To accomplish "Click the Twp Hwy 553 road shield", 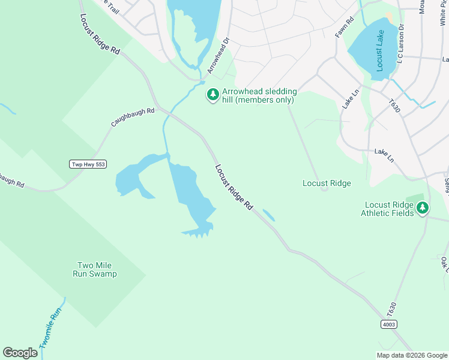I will pyautogui.click(x=88, y=164).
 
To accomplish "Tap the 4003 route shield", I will pyautogui.click(x=388, y=324).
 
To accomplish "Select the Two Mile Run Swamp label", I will pyautogui.click(x=96, y=269).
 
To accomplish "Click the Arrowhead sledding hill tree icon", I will pyautogui.click(x=212, y=95).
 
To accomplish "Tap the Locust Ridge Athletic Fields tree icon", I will pyautogui.click(x=423, y=208).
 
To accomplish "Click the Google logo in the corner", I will pyautogui.click(x=20, y=353).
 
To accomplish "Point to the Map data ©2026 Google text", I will pyautogui.click(x=411, y=355).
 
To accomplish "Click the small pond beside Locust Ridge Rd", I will pyautogui.click(x=268, y=215).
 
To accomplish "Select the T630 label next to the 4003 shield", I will pyautogui.click(x=392, y=310).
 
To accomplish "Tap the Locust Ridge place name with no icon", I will pyautogui.click(x=327, y=183).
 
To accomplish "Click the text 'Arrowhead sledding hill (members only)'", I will pyautogui.click(x=259, y=95).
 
